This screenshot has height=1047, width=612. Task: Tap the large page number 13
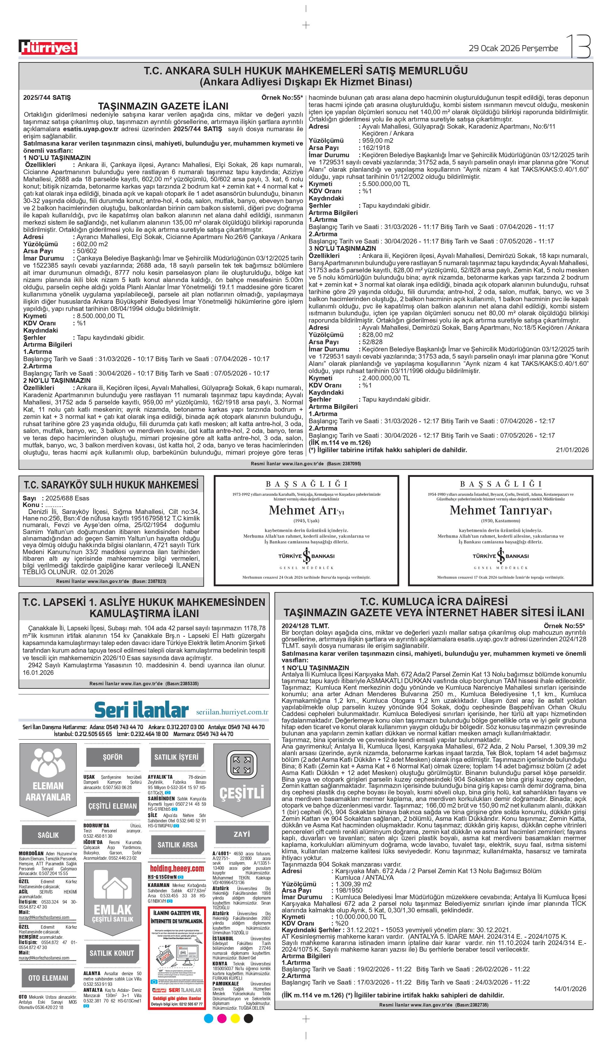click(x=578, y=46)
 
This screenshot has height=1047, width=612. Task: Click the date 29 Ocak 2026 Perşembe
click(x=513, y=48)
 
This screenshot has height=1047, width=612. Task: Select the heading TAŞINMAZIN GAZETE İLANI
click(x=163, y=106)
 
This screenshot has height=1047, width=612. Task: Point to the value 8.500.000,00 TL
click(x=99, y=316)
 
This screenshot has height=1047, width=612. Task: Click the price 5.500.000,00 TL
click(x=386, y=184)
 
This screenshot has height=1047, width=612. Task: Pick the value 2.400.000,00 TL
click(x=386, y=378)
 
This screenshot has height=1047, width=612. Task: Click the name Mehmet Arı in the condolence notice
click(x=303, y=510)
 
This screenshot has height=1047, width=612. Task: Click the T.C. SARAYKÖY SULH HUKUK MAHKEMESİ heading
click(x=111, y=485)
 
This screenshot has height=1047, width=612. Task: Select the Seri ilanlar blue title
click(x=141, y=710)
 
